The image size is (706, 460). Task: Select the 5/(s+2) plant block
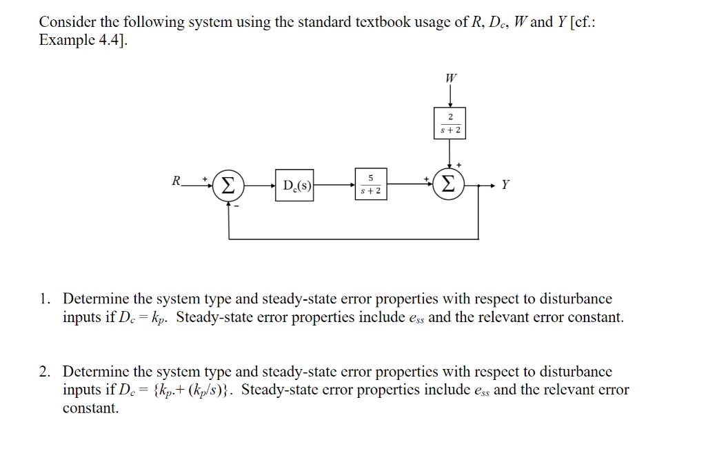click(x=371, y=185)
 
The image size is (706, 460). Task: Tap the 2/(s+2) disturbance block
click(x=450, y=123)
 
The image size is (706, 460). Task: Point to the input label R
click(x=176, y=181)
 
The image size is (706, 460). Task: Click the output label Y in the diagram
click(x=506, y=185)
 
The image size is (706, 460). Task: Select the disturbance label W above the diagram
click(x=450, y=78)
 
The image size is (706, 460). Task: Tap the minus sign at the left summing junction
click(x=235, y=206)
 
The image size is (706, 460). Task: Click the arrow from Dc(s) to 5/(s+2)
click(x=334, y=185)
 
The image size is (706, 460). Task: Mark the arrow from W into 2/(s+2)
click(x=450, y=96)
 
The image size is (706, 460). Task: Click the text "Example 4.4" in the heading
click(x=82, y=40)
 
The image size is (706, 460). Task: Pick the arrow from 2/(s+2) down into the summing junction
click(x=450, y=153)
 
